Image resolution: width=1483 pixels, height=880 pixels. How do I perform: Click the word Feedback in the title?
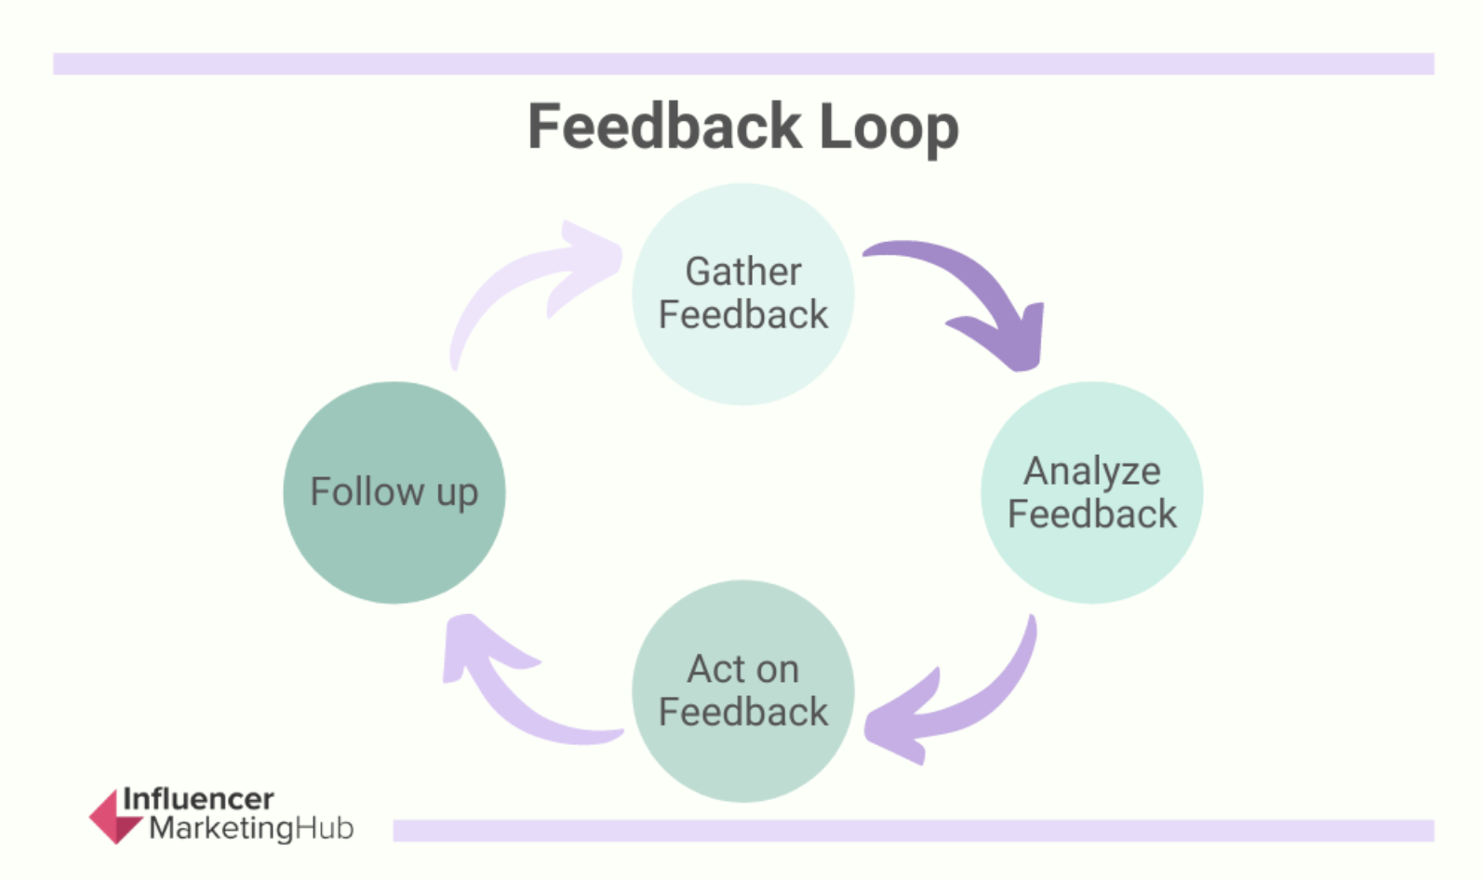coord(664,127)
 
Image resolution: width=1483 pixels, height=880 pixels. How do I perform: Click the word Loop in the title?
coord(888,128)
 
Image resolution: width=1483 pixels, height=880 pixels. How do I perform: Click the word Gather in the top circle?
coord(742,272)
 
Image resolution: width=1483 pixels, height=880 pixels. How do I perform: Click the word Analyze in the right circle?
coord(1091,472)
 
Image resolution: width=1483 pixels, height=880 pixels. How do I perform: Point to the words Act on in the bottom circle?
coord(742,669)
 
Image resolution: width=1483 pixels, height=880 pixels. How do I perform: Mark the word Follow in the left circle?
coord(367,491)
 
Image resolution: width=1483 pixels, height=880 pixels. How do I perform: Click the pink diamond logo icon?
coord(114,817)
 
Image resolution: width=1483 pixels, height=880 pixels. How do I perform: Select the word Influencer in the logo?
coord(198,799)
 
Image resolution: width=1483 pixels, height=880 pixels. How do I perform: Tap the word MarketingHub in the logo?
coord(251,828)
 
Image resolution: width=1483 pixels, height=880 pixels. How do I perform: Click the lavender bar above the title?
coord(742,63)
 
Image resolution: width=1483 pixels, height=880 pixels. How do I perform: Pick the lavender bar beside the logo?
coord(912,830)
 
